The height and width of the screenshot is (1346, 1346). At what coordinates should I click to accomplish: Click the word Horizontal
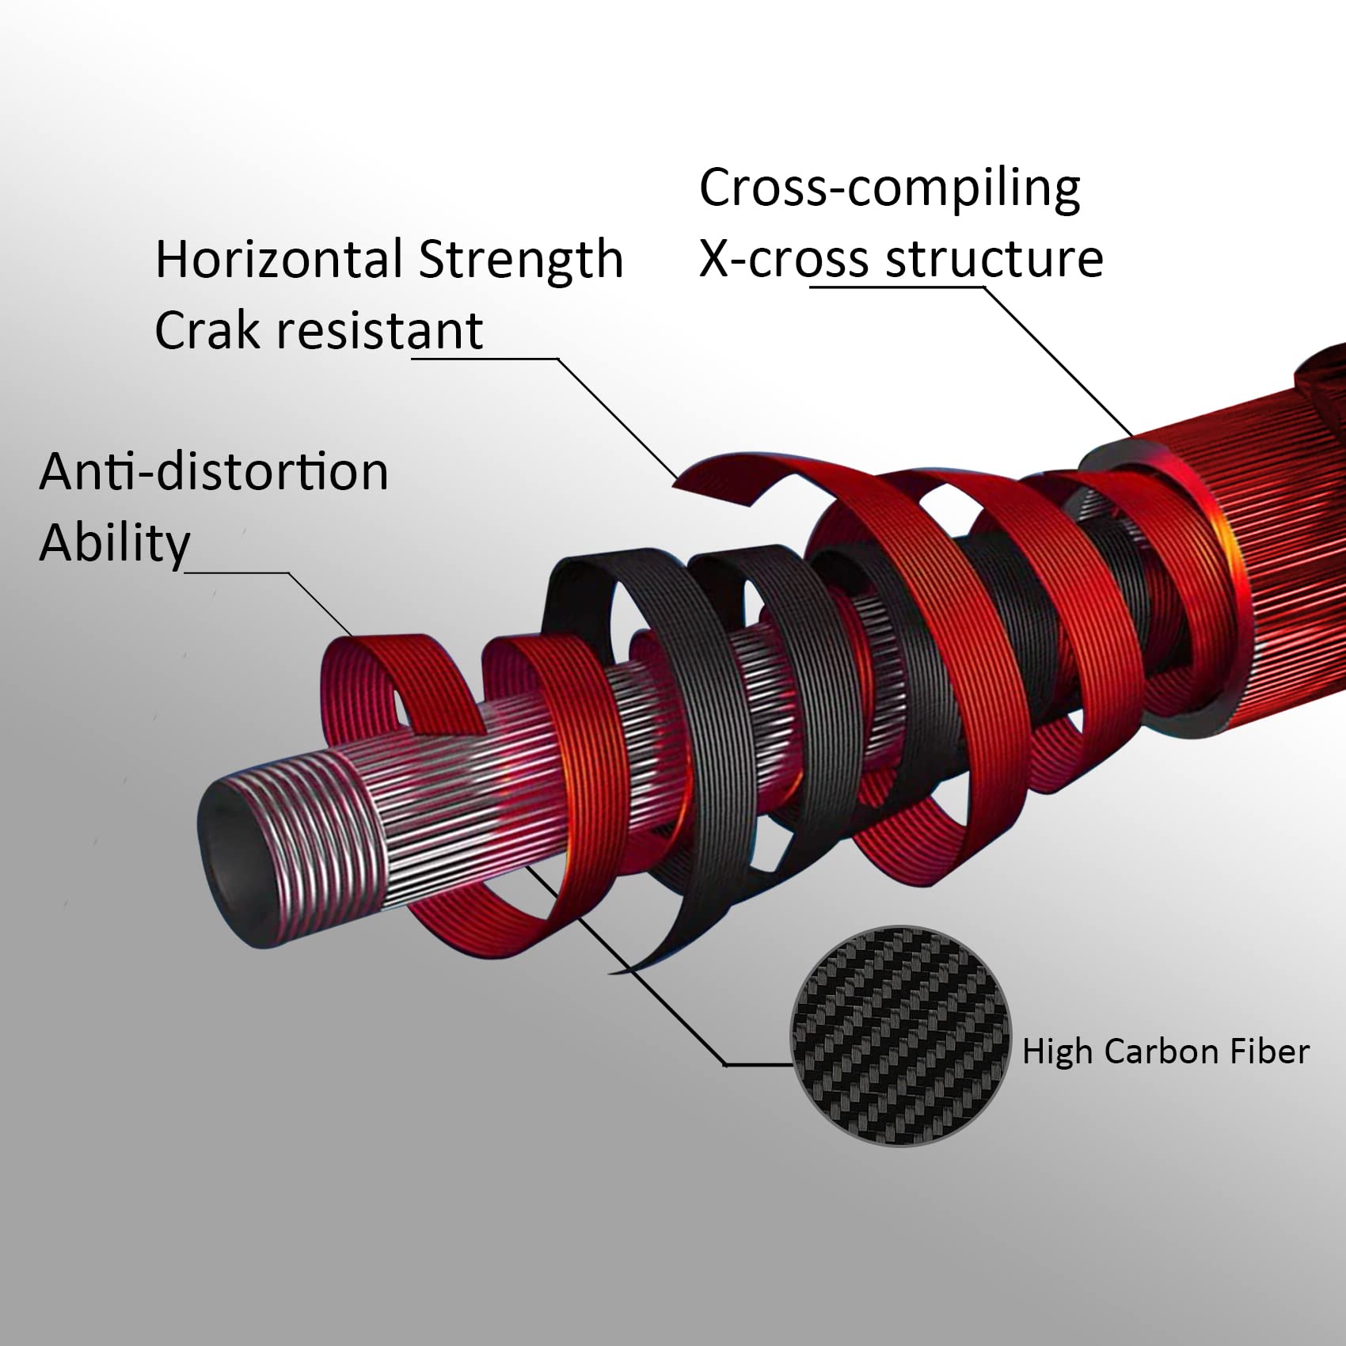click(279, 259)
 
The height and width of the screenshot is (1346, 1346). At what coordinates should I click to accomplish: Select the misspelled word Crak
click(207, 330)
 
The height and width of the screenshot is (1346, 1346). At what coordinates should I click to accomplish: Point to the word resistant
click(379, 330)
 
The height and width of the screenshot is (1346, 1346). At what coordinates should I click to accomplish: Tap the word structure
click(994, 259)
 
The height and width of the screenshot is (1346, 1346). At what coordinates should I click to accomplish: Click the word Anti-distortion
click(214, 471)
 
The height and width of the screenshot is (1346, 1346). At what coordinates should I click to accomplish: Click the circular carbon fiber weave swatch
click(901, 1036)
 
